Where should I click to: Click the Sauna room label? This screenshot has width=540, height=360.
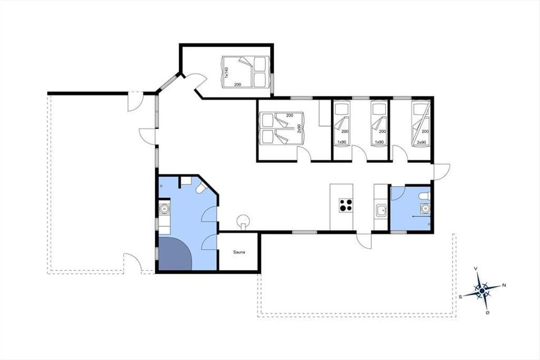click(239, 252)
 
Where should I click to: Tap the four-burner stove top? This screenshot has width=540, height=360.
click(346, 205)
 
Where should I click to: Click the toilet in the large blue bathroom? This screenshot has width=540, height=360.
click(201, 188)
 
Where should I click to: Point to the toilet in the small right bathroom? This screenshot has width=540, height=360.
click(425, 196)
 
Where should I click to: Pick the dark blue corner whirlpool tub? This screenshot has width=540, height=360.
click(174, 254)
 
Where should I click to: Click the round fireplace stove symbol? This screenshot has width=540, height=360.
click(243, 221)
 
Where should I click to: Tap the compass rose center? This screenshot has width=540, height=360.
click(482, 291)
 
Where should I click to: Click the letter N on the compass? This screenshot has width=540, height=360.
click(504, 285)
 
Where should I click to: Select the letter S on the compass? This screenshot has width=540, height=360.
click(460, 297)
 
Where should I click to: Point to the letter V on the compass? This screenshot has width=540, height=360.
click(476, 268)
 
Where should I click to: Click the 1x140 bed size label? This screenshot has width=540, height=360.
click(226, 72)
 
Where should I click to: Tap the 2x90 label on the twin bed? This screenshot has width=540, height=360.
click(299, 129)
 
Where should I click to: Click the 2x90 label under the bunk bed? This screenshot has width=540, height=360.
click(421, 143)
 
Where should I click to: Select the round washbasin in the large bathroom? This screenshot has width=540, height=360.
click(164, 208)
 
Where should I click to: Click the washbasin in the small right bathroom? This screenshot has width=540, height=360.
click(425, 208)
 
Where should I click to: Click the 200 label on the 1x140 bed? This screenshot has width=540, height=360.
click(238, 85)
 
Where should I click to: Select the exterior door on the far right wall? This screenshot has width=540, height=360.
click(441, 172)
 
